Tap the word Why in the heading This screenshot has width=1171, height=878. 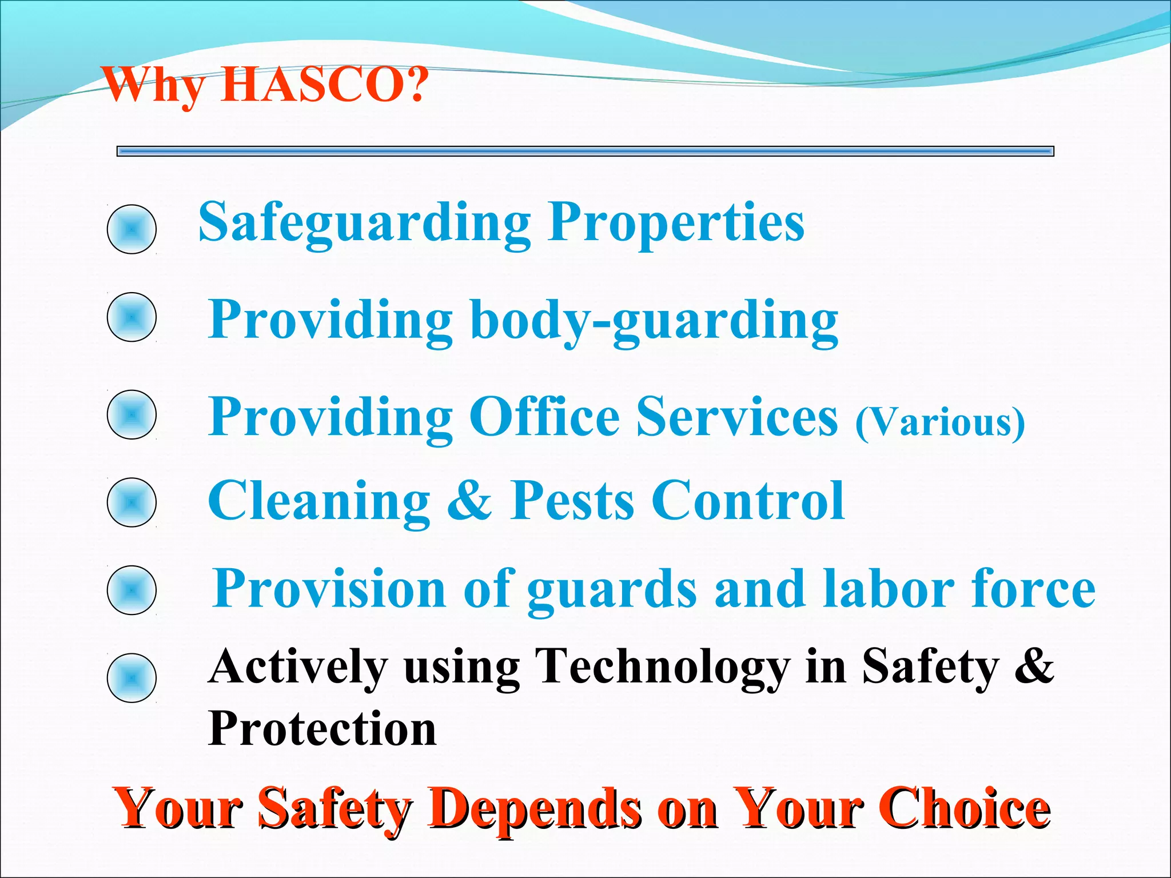tap(154, 85)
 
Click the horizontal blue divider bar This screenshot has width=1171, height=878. tap(585, 151)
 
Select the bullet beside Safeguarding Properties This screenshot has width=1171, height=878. tap(132, 229)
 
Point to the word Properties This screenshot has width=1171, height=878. tap(676, 223)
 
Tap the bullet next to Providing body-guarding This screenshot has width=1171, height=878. tap(132, 317)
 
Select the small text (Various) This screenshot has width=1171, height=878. tap(940, 422)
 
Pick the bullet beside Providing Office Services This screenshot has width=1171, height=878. tap(132, 414)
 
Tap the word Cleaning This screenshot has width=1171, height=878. tap(319, 501)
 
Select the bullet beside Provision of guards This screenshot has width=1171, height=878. tap(132, 590)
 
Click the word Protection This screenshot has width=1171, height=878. tap(322, 729)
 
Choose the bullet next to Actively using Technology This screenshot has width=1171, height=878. tap(132, 678)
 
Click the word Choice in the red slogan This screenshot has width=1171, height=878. tap(966, 808)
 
